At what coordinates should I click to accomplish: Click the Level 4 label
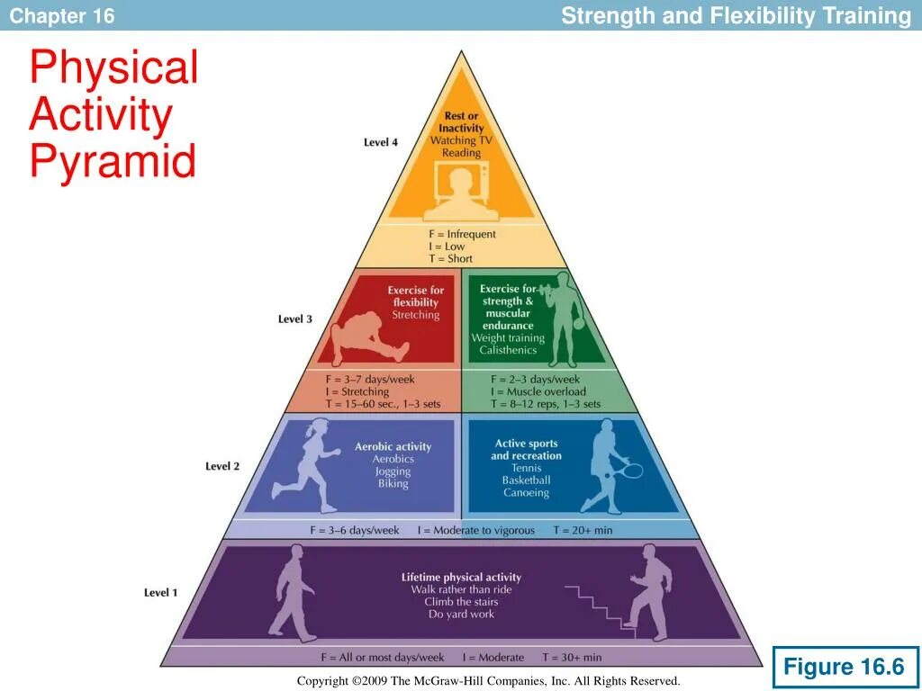click(x=380, y=142)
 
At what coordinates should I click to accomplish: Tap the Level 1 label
click(x=161, y=592)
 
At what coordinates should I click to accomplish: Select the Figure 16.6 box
click(x=844, y=667)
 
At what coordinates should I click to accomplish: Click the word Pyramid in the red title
click(x=113, y=163)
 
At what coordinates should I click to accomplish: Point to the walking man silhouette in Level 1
click(x=293, y=591)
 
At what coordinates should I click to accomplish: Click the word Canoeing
click(x=526, y=493)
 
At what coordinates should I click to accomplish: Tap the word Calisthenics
click(x=508, y=350)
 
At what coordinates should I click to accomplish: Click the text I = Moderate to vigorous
click(x=475, y=530)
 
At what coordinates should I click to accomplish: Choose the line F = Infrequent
click(x=462, y=234)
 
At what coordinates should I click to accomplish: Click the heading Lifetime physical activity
click(x=461, y=577)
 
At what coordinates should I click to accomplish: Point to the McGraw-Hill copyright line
click(x=488, y=681)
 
